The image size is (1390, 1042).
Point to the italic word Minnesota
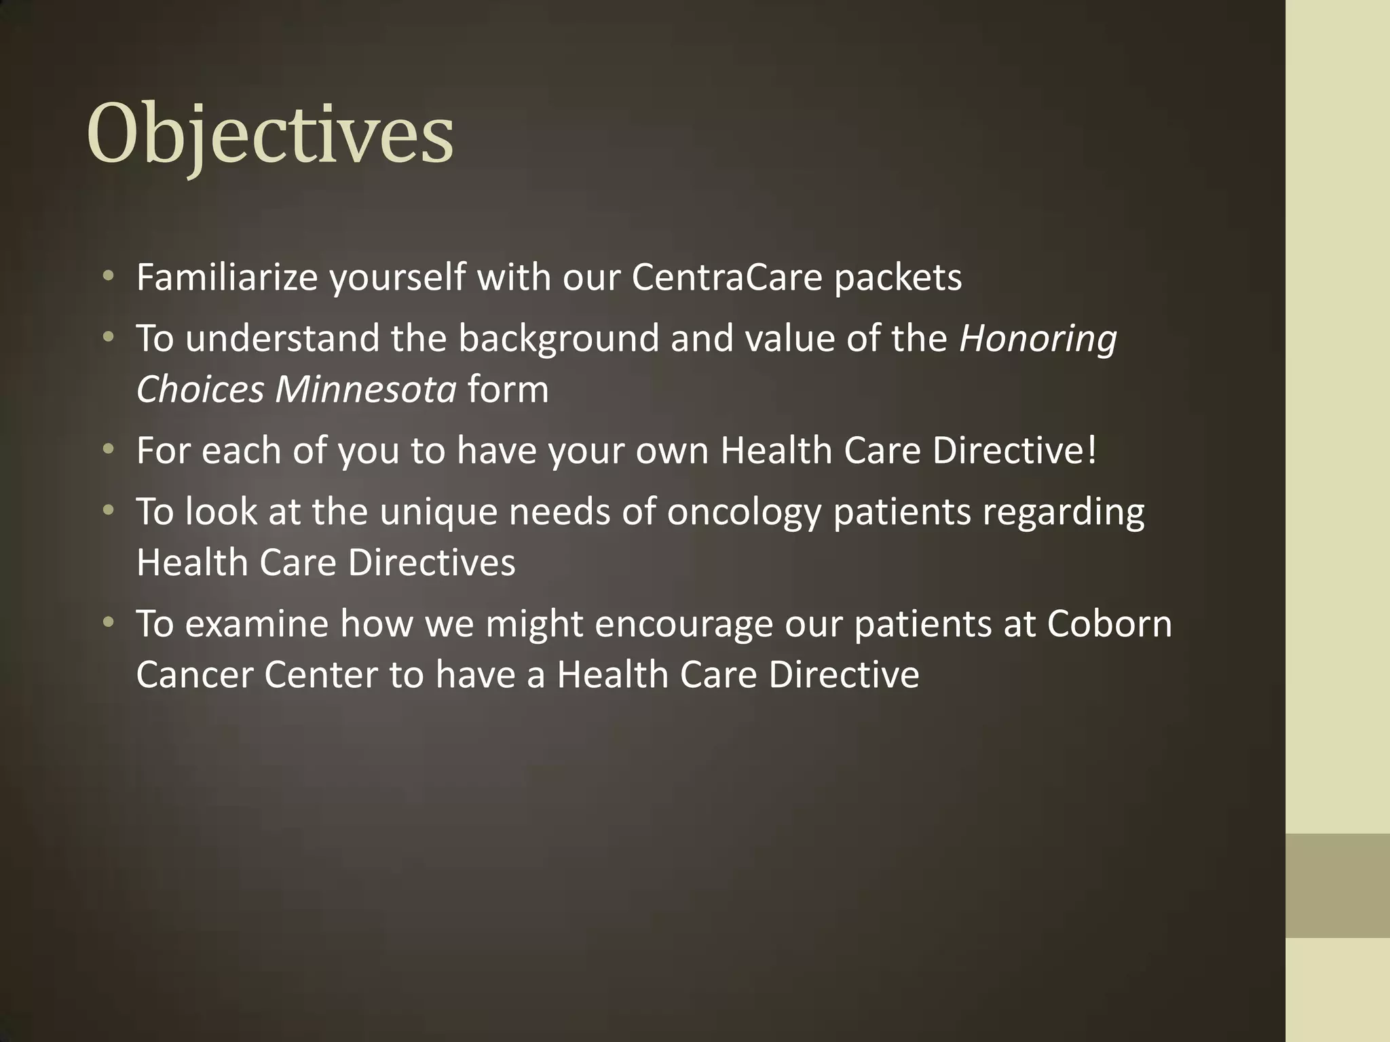(365, 389)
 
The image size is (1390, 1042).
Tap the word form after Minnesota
(508, 389)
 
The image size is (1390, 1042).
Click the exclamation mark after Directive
(1091, 450)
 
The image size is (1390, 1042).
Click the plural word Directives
(431, 562)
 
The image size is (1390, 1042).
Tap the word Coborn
(1109, 623)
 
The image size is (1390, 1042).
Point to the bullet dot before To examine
(108, 622)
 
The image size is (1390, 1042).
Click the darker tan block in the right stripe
(1337, 885)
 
